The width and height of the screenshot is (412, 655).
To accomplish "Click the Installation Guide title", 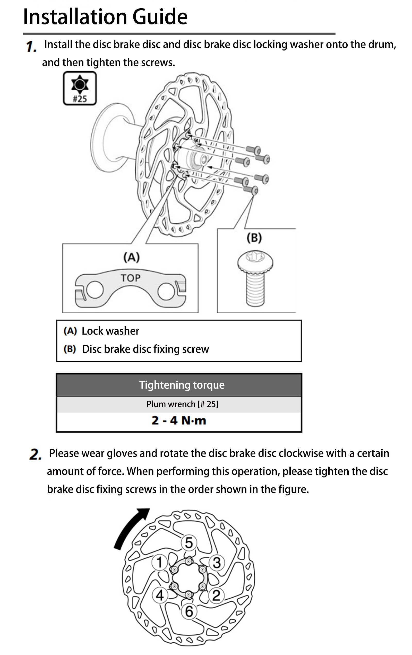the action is pos(105,16).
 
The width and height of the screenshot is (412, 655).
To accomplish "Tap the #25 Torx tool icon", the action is pos(80,88).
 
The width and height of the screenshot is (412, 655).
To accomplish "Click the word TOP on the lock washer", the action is pos(131,278).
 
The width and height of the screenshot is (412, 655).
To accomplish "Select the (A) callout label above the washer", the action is pos(132,257).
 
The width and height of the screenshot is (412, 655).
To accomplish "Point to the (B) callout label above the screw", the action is pos(254,237).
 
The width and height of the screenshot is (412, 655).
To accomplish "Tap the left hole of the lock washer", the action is pos(95,290).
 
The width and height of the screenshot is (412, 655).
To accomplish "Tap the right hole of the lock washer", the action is pos(166,291).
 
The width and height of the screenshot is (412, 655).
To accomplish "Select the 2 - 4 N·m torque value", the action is pos(179,420).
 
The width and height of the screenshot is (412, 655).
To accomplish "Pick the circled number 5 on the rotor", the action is pos(189,542).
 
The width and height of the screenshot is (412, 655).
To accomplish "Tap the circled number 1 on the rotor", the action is pos(159,562).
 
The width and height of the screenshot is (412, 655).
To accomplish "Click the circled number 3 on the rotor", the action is pos(217,563).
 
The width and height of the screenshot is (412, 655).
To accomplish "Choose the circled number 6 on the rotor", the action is pos(189,611).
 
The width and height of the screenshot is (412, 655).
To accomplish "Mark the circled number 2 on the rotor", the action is pos(216,596).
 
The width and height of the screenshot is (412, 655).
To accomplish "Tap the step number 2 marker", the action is pos(35,454).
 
